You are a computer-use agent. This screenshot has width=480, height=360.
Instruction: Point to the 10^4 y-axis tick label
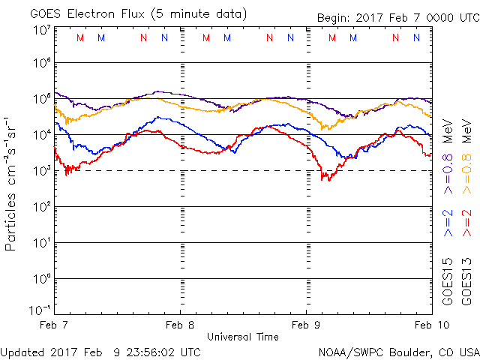point(42,135)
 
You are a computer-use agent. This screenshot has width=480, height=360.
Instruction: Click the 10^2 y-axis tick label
point(42,207)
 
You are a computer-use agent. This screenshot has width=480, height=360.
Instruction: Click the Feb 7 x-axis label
point(54,325)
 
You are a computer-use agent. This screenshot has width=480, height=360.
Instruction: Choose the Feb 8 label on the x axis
point(180,325)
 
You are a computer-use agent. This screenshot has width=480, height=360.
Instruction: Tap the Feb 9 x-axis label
point(306,325)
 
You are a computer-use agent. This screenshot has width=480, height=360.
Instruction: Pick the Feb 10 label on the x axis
point(430,325)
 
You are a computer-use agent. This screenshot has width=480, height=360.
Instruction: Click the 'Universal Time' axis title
point(243,337)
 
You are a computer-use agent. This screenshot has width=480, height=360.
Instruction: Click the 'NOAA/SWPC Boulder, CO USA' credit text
point(398,351)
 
